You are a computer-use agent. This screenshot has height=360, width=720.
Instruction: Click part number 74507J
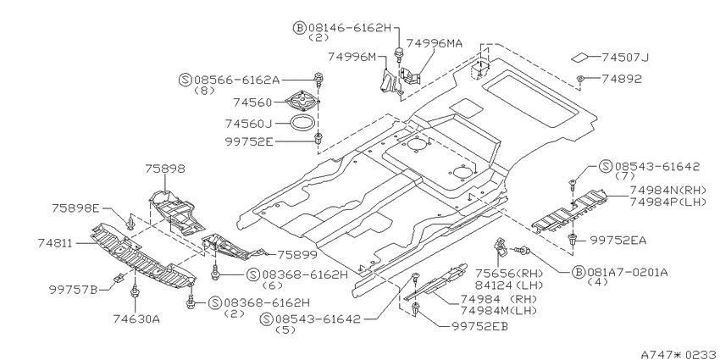coord(625,58)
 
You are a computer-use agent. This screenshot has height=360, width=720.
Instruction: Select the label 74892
coord(622,79)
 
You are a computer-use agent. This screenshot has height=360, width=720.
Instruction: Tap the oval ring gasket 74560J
coord(302,123)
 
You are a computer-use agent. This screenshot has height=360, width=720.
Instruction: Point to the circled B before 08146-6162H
coord(299,28)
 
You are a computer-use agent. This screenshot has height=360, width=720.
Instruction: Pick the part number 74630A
coord(136,318)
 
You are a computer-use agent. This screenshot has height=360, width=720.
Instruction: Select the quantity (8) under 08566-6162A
coord(204,90)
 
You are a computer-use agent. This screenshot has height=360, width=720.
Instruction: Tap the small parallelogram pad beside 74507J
coord(579,58)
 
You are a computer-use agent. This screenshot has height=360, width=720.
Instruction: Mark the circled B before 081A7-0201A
coord(579,272)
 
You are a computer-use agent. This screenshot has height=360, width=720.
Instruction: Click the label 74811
coord(55,243)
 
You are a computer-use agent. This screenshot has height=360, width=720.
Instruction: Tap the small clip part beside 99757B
coord(118,278)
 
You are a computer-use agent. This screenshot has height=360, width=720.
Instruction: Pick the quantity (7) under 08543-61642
coord(624,175)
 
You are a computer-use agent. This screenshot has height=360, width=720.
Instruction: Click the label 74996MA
coord(435,43)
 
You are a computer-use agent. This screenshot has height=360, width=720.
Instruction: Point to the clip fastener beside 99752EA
coord(572,239)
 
